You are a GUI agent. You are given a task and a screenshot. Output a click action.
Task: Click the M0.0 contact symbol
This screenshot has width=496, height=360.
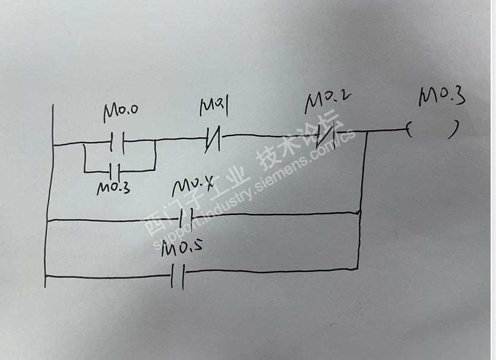[x=117, y=142]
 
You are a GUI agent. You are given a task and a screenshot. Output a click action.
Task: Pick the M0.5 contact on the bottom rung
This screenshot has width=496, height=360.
[x=177, y=276]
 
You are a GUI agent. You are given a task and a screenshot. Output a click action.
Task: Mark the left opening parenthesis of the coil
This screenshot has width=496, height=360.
[x=409, y=130]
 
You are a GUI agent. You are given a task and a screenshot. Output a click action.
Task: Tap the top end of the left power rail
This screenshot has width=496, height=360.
[x=53, y=106]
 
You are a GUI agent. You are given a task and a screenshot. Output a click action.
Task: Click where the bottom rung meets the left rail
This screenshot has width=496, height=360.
[x=45, y=276]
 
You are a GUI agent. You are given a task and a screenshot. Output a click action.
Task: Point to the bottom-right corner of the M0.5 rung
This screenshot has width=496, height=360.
[x=358, y=268]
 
